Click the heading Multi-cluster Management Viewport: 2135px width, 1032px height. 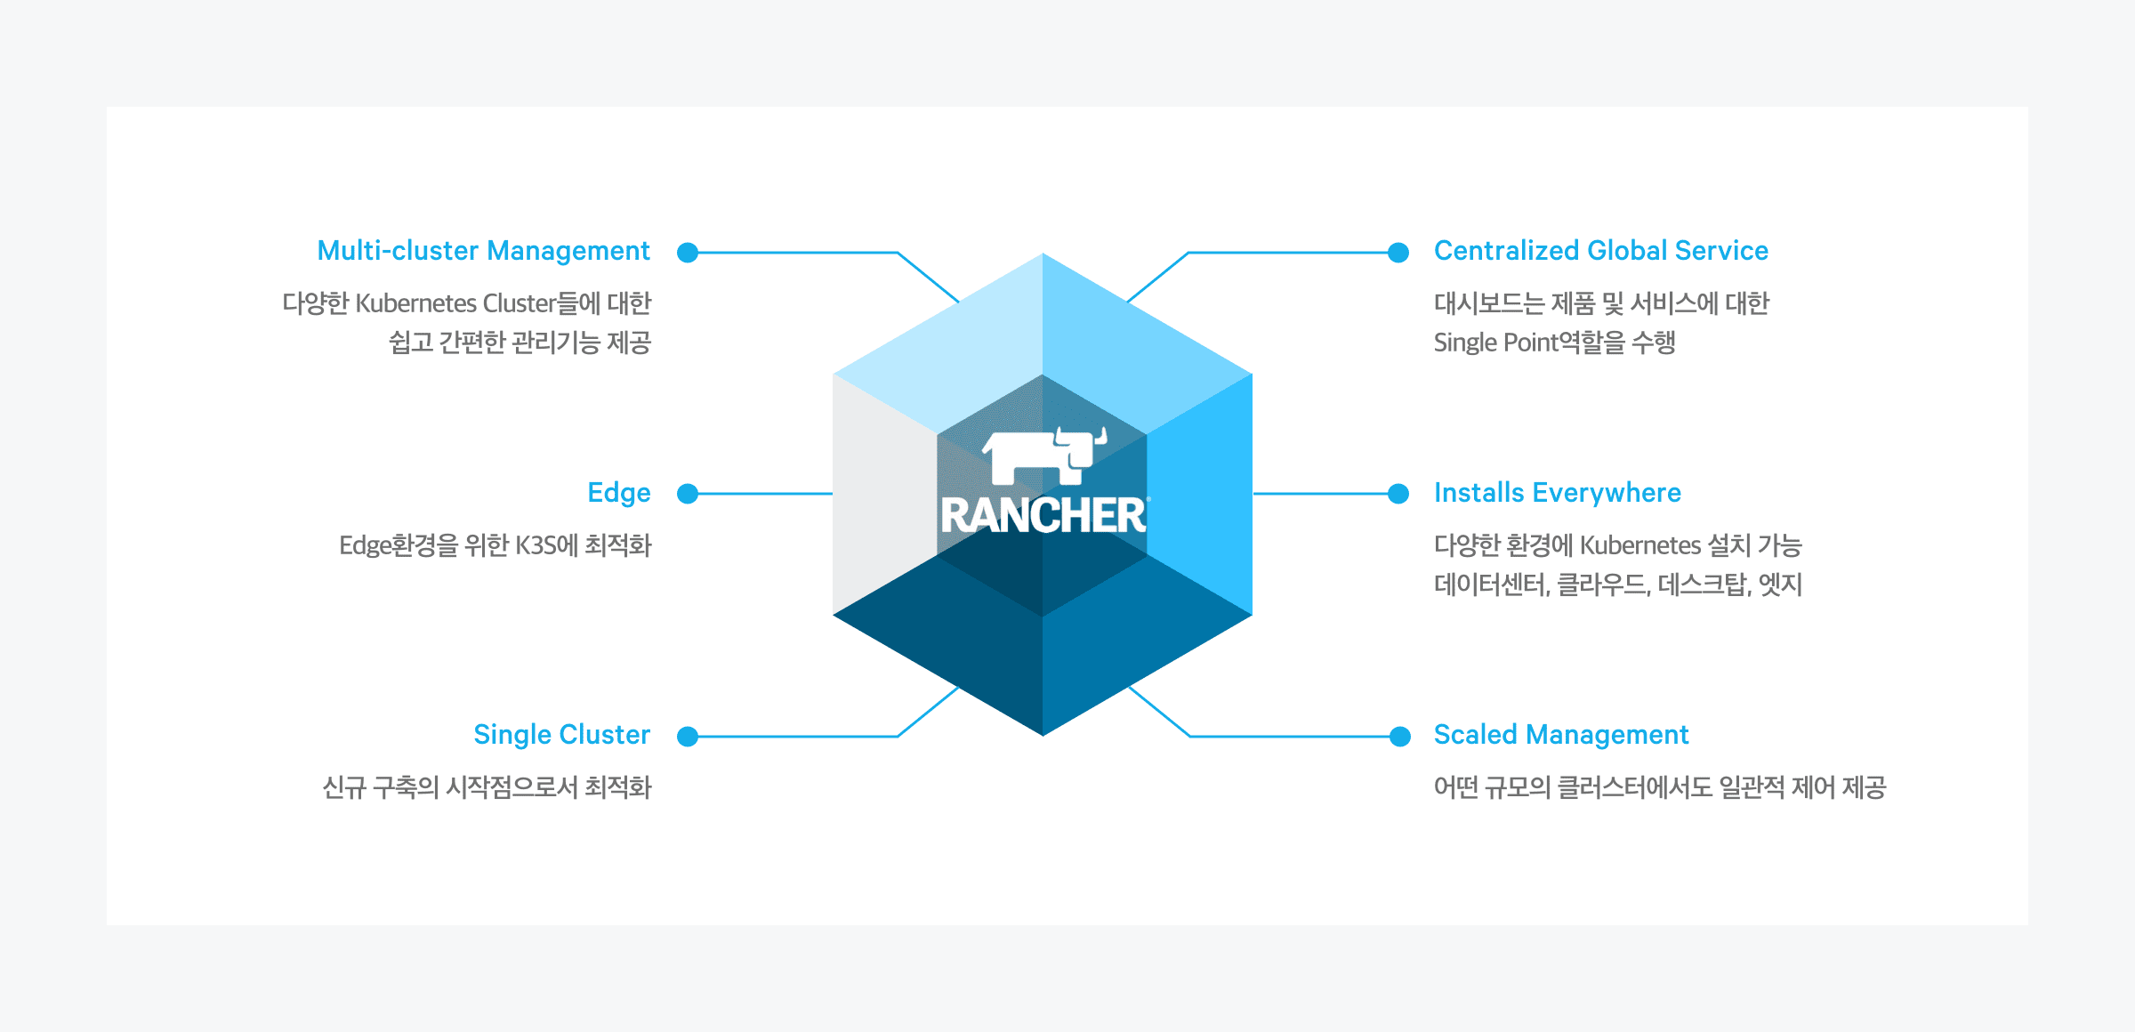pos(483,252)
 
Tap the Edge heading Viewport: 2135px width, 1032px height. pos(619,494)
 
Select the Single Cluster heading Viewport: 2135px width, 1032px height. pos(562,735)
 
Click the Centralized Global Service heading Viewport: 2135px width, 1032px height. pos(1601,251)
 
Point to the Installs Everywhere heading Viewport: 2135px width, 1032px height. pos(1558,493)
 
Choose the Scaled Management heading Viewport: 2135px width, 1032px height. pos(1561,735)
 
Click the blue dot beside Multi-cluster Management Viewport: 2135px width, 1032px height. pos(688,253)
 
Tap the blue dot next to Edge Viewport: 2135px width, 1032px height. pos(688,494)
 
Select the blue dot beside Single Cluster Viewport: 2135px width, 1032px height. pos(688,737)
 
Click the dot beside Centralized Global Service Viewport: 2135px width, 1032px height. pos(1398,253)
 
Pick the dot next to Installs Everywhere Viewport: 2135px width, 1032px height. pos(1398,494)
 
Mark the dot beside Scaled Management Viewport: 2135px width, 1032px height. pos(1400,737)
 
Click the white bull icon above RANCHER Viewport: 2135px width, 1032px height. pos(1044,456)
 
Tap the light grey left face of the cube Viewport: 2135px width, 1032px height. pos(884,494)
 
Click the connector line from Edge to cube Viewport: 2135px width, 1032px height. pos(765,494)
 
